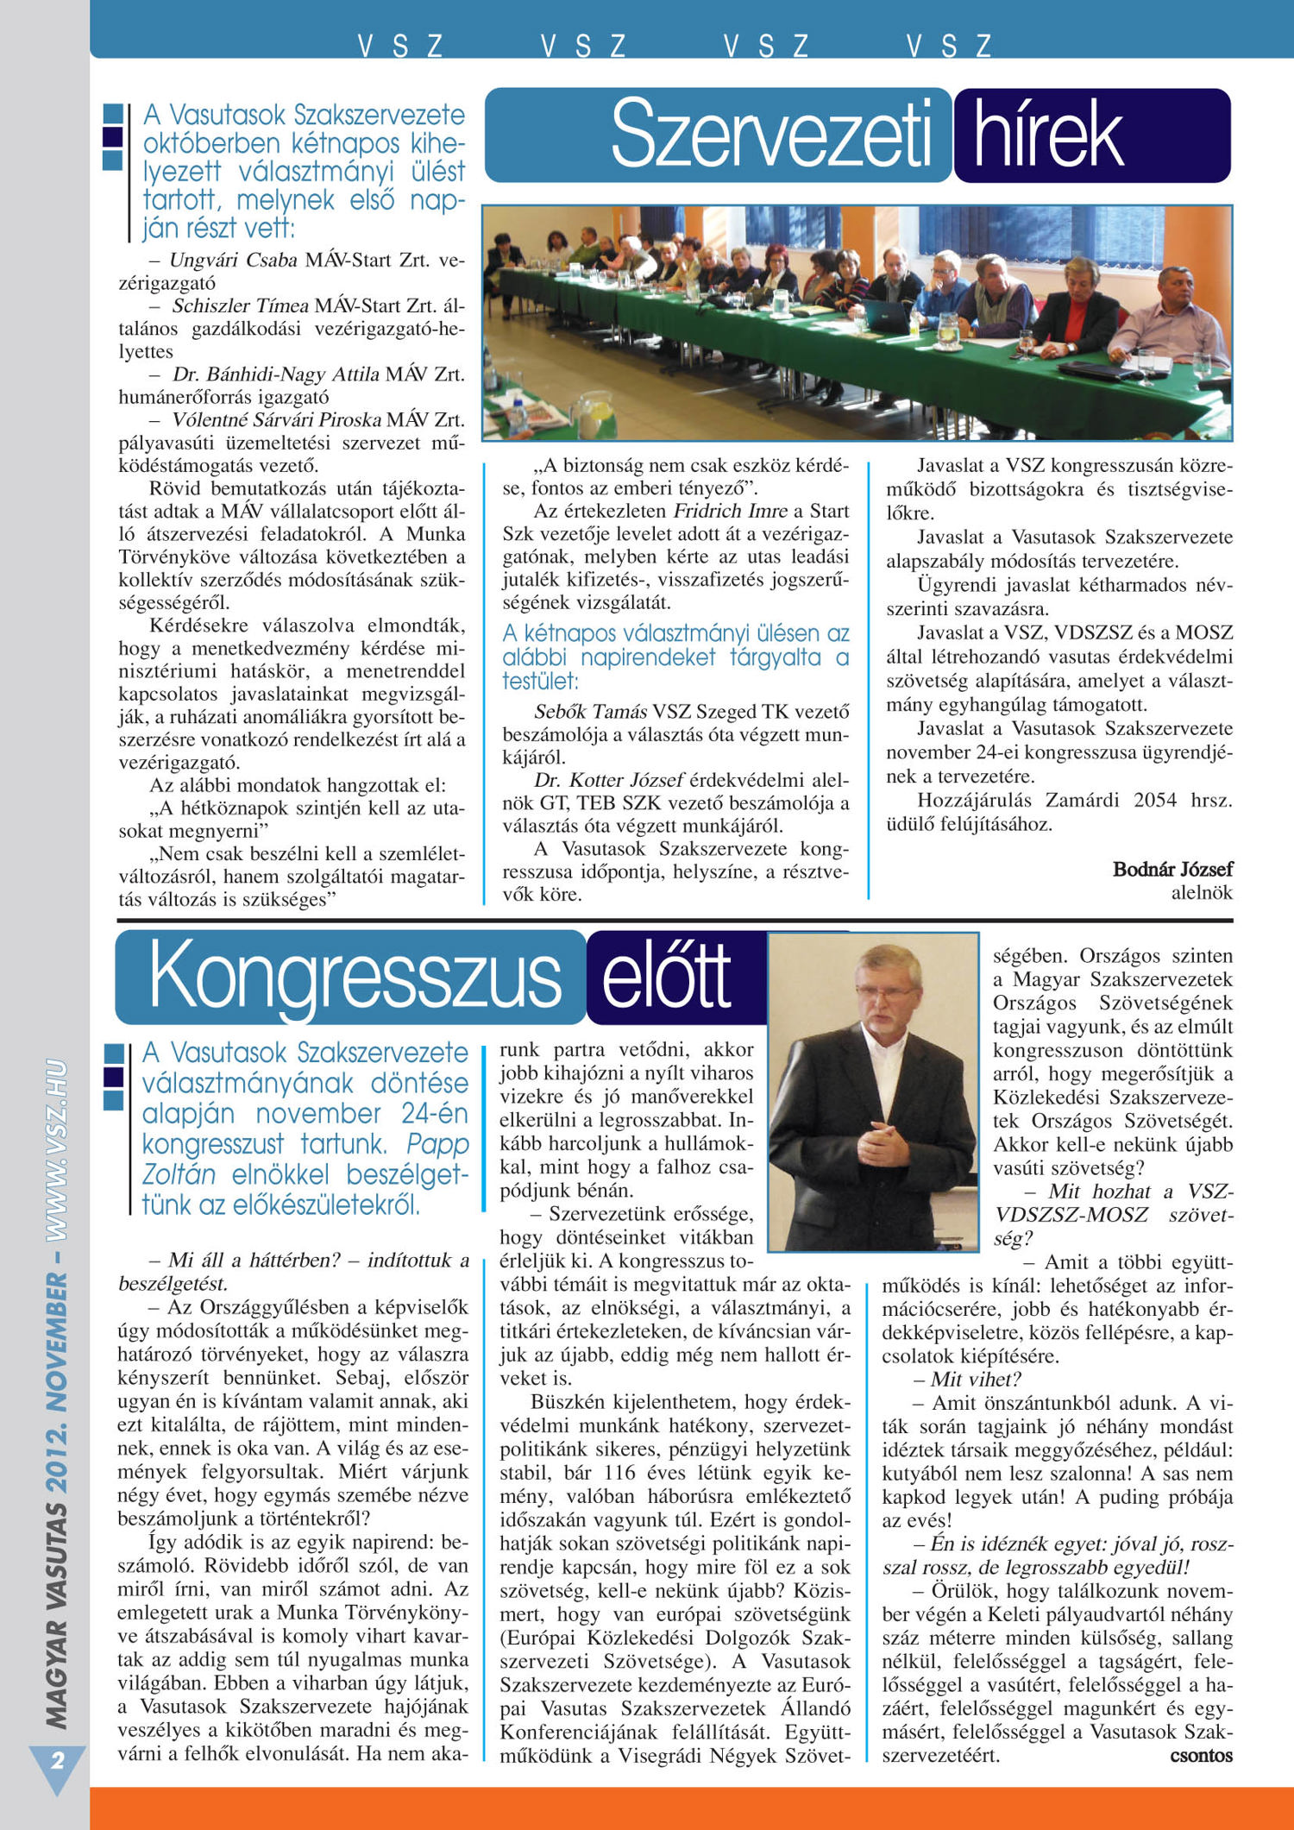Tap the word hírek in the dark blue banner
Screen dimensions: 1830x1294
[x=1048, y=135]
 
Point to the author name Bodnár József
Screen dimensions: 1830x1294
[x=1172, y=869]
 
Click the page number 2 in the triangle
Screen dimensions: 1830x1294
[x=58, y=1760]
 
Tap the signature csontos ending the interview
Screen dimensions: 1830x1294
[x=1201, y=1755]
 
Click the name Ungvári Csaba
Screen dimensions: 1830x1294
[x=233, y=260]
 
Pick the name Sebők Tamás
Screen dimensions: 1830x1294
[x=590, y=712]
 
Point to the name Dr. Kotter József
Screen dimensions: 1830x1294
[x=609, y=780]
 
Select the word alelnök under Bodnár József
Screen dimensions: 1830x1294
[x=1202, y=893]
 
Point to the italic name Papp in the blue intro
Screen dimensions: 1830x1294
[x=437, y=1144]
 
